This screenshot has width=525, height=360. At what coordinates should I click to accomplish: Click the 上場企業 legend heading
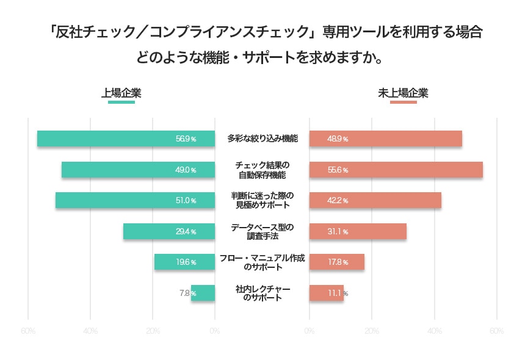click(x=121, y=93)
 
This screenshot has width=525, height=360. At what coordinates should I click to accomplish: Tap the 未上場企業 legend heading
click(x=403, y=93)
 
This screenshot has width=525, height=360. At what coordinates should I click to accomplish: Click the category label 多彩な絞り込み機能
click(x=262, y=139)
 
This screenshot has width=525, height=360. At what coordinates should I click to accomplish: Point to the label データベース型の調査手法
click(x=262, y=231)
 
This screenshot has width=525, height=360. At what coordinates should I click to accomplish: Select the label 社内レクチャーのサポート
click(x=262, y=293)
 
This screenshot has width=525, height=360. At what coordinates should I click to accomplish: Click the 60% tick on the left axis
click(x=28, y=331)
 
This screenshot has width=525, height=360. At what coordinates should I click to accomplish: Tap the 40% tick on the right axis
click(x=434, y=331)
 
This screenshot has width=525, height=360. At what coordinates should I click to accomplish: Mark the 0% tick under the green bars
click(x=214, y=331)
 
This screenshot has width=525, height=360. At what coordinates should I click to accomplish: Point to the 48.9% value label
click(x=338, y=139)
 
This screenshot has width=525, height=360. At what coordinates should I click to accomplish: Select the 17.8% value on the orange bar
click(x=338, y=262)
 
